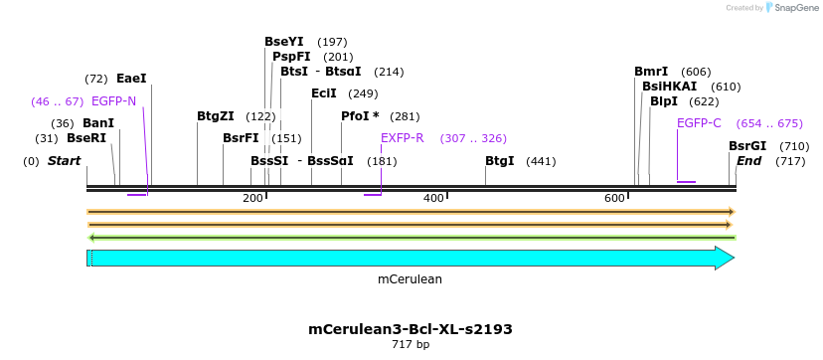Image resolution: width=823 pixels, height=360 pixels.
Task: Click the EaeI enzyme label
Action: pyautogui.click(x=131, y=79)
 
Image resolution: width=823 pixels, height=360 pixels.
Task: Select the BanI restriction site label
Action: pyautogui.click(x=98, y=123)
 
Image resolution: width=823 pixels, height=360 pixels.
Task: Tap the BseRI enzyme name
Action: pyautogui.click(x=86, y=138)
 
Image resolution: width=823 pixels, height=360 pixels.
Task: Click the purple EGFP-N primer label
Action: pyautogui.click(x=113, y=101)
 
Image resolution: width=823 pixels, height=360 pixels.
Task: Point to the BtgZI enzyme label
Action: pyautogui.click(x=216, y=116)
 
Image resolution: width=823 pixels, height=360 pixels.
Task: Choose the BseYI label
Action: pyautogui.click(x=284, y=42)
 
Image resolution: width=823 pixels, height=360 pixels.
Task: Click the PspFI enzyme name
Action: pyautogui.click(x=291, y=57)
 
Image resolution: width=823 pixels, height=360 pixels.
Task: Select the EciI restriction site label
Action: pyautogui.click(x=324, y=93)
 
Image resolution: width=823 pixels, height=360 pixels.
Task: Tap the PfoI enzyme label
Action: pyautogui.click(x=355, y=116)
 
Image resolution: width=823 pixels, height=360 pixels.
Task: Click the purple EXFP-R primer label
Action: pyautogui.click(x=403, y=138)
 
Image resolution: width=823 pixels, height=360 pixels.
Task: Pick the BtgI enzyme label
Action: pyautogui.click(x=500, y=161)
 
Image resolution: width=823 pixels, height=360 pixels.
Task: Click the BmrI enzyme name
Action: pyautogui.click(x=651, y=72)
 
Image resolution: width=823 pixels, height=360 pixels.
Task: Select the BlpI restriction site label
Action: pyautogui.click(x=664, y=101)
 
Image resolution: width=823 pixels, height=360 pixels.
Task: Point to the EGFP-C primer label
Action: pyautogui.click(x=699, y=123)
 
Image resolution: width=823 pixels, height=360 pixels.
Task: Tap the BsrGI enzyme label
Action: pyautogui.click(x=747, y=146)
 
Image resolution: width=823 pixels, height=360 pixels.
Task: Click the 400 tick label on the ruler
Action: pyautogui.click(x=433, y=199)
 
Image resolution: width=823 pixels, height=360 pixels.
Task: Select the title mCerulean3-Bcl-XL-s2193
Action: pyautogui.click(x=411, y=329)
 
